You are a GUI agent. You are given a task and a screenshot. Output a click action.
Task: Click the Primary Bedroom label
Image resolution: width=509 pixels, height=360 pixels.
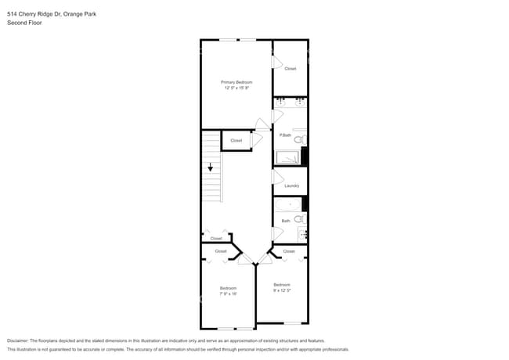point(236,82)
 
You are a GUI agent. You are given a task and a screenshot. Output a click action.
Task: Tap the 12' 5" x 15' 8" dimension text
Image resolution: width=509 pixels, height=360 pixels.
point(236,88)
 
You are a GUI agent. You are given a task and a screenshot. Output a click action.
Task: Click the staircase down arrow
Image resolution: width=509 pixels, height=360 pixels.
point(210,167)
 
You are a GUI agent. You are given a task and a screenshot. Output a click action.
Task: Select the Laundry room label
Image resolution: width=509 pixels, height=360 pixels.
point(291,185)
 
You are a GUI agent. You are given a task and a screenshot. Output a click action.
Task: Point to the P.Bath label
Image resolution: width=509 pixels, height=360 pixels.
point(285,135)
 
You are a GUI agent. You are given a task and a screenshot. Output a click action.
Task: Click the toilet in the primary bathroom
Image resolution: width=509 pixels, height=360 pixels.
point(299,139)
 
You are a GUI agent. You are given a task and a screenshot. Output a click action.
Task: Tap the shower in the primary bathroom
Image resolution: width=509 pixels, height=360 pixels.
point(287,157)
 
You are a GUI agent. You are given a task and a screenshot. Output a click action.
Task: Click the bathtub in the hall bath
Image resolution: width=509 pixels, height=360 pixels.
point(287,205)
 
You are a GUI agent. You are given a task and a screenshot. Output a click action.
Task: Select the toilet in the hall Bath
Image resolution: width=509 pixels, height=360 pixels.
point(300,220)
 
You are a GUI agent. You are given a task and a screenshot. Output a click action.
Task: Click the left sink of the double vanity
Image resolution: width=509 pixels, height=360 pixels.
point(281,102)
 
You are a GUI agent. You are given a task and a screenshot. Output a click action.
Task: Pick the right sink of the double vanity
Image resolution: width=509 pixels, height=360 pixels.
point(299,102)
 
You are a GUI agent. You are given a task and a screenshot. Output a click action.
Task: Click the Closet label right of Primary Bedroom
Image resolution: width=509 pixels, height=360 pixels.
point(290,69)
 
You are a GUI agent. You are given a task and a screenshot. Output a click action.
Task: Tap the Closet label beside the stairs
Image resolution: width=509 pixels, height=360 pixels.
point(236,141)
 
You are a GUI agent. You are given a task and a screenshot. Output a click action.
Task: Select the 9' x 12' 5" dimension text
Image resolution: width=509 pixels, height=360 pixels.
point(282,290)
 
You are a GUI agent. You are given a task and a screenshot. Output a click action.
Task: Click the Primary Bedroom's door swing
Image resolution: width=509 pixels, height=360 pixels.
point(262,123)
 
